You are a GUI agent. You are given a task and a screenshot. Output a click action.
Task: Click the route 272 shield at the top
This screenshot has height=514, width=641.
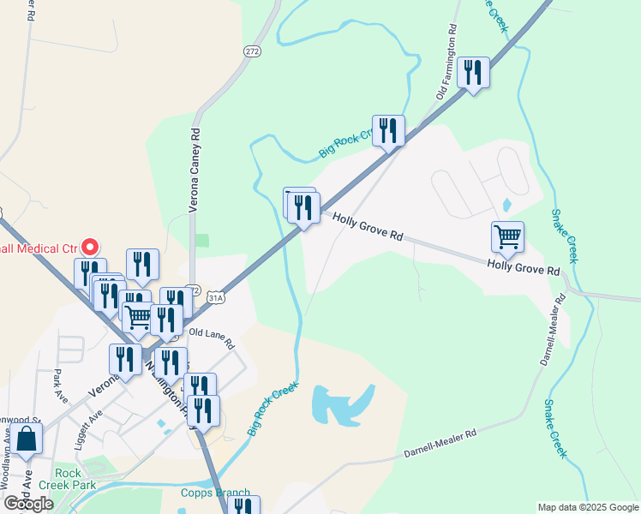click(x=251, y=51)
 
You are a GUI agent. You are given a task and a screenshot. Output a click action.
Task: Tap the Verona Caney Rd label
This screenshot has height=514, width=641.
click(x=195, y=170)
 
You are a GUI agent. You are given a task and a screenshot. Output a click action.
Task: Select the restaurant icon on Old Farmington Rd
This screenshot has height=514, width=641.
click(x=472, y=72)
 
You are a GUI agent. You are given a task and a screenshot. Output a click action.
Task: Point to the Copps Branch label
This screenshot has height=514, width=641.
click(x=215, y=493)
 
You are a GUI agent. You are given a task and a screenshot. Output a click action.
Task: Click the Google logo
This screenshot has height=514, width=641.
click(x=28, y=503)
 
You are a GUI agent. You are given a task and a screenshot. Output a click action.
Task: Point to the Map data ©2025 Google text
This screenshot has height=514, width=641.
click(x=587, y=507)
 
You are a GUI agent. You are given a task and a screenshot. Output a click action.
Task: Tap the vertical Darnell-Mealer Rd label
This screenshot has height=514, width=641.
click(x=553, y=331)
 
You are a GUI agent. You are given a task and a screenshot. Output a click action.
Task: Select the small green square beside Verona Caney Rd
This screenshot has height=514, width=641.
click(x=201, y=241)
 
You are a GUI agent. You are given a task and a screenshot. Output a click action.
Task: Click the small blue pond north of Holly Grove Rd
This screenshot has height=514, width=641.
click(x=506, y=206)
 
